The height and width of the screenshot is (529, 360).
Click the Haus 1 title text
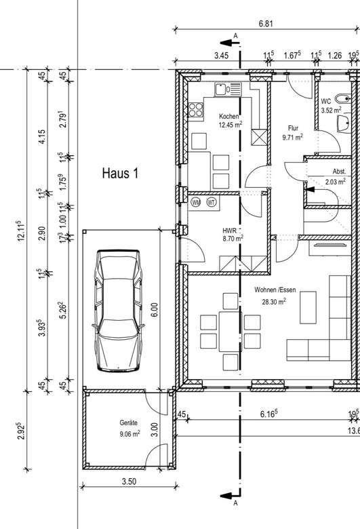pyautogui.click(x=120, y=174)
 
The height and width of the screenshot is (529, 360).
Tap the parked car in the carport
pyautogui.click(x=118, y=311)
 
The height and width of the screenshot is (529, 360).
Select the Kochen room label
pyautogui.click(x=229, y=117)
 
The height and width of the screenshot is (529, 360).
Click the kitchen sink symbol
pyautogui.click(x=228, y=90)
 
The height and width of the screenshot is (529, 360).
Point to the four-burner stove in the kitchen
pyautogui.click(x=196, y=109)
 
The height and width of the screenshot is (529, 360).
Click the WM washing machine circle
pyautogui.click(x=196, y=202)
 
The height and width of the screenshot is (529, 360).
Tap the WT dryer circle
pyautogui.click(x=212, y=202)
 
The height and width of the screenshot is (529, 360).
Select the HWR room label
pyautogui.click(x=229, y=231)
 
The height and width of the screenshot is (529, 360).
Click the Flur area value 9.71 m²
pyautogui.click(x=292, y=137)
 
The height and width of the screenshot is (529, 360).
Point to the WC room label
pyautogui.click(x=326, y=101)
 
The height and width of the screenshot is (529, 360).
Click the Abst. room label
pyautogui.click(x=339, y=172)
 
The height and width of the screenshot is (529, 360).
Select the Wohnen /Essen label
pyautogui.click(x=275, y=290)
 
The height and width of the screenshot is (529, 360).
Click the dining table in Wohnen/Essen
pyautogui.click(x=230, y=332)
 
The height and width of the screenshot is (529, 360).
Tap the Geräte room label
pyautogui.click(x=129, y=423)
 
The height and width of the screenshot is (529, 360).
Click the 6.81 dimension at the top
pyautogui.click(x=266, y=24)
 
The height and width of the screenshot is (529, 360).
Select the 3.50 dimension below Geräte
pyautogui.click(x=129, y=481)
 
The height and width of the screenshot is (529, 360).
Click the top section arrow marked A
pyautogui.click(x=230, y=43)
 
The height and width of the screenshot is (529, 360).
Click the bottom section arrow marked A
pyautogui.click(x=230, y=496)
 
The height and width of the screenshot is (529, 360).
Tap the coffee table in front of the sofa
pyautogui.click(x=308, y=308)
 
